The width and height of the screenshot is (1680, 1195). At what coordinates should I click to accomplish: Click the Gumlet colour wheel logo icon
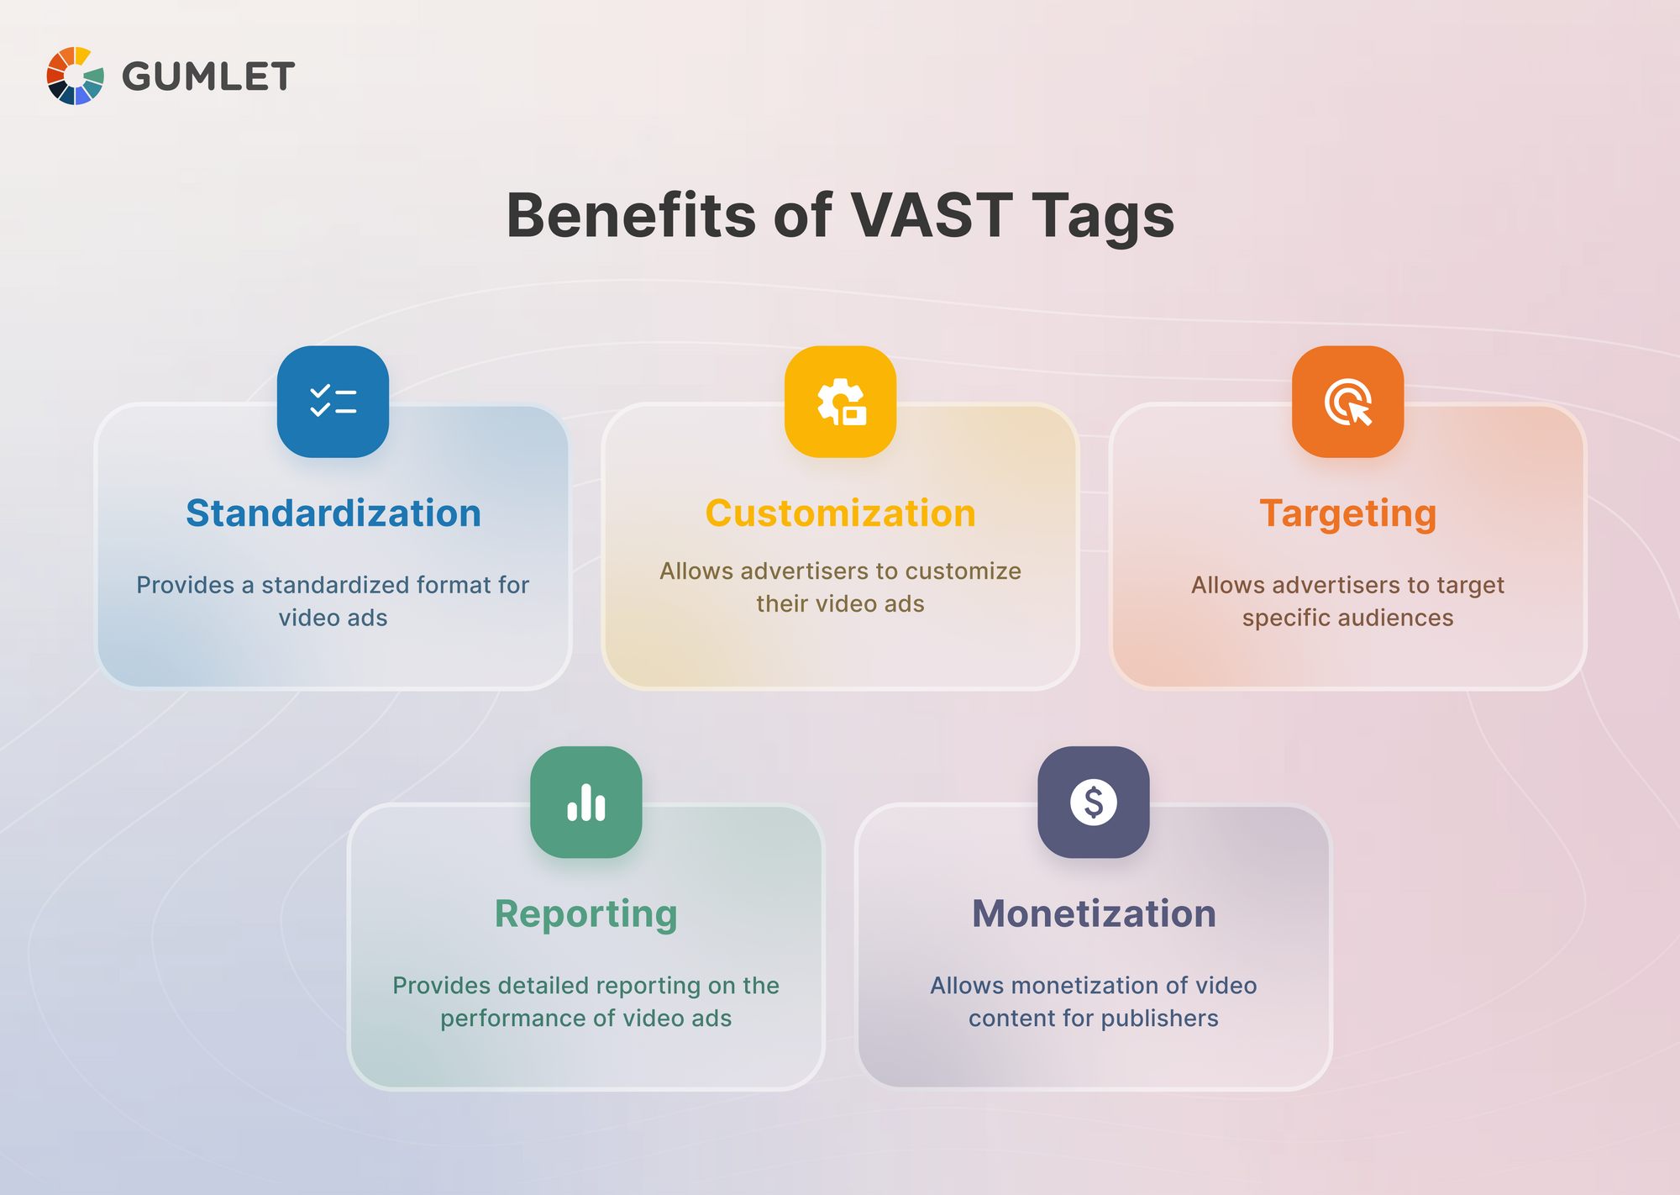tap(75, 76)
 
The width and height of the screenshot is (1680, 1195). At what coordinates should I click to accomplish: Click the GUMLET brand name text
tap(208, 76)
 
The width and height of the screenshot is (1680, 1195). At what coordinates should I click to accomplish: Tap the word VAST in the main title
tap(931, 215)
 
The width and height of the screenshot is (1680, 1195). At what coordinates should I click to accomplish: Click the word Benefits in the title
tap(631, 215)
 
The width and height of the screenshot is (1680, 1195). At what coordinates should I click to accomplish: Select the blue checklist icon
tap(333, 401)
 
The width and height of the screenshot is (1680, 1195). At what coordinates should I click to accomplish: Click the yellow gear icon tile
tap(840, 401)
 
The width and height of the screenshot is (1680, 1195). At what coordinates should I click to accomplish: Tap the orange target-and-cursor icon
tap(1347, 401)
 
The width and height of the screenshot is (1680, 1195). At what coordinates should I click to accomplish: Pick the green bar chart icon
tap(585, 802)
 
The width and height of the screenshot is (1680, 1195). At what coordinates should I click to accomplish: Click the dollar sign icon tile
tap(1093, 802)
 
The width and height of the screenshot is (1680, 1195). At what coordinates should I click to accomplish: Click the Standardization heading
tap(333, 513)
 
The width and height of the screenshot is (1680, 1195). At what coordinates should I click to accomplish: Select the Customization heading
tap(840, 513)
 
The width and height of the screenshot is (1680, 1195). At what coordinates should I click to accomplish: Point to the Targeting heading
tap(1347, 513)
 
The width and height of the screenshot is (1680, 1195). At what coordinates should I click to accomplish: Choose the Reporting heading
tap(585, 913)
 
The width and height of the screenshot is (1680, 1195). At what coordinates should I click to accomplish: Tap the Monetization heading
tap(1093, 913)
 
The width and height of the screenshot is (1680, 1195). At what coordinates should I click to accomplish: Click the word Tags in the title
tap(1102, 215)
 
